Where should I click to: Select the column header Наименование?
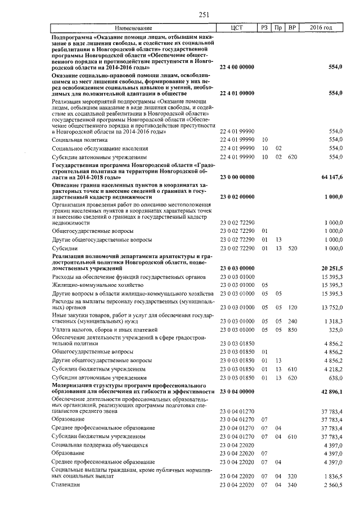click(x=134, y=28)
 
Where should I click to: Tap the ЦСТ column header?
click(x=237, y=28)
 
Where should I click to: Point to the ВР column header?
click(x=291, y=28)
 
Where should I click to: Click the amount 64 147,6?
click(x=332, y=177)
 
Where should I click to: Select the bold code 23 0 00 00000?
click(x=237, y=177)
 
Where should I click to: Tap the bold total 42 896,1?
click(x=332, y=390)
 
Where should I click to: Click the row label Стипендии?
click(x=65, y=484)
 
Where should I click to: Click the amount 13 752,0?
click(x=332, y=308)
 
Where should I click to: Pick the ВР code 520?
click(x=291, y=248)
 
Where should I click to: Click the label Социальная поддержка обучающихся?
click(x=100, y=445)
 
